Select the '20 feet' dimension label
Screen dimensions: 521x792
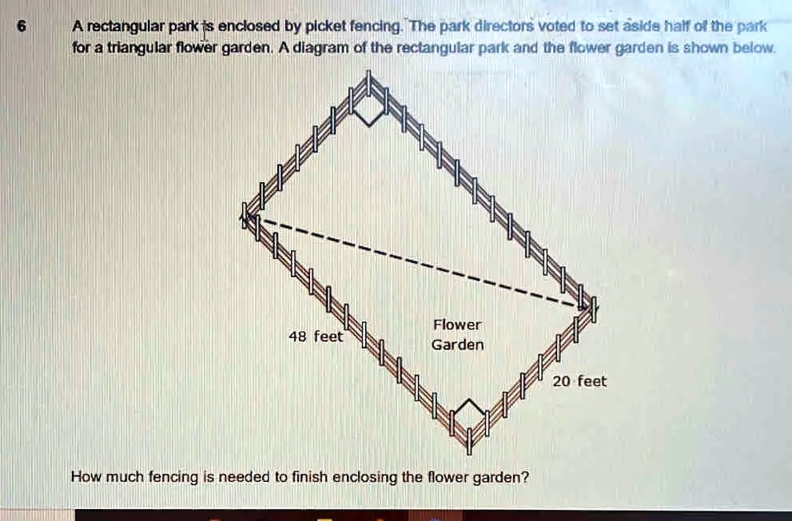click(x=580, y=381)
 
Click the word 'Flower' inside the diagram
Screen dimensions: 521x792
click(x=457, y=324)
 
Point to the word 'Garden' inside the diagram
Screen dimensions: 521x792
click(x=457, y=345)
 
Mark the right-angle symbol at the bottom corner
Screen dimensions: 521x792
click(x=468, y=412)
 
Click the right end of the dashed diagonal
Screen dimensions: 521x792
click(x=587, y=305)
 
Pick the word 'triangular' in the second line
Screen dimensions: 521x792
click(x=121, y=48)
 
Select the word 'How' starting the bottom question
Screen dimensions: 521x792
click(x=84, y=477)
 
